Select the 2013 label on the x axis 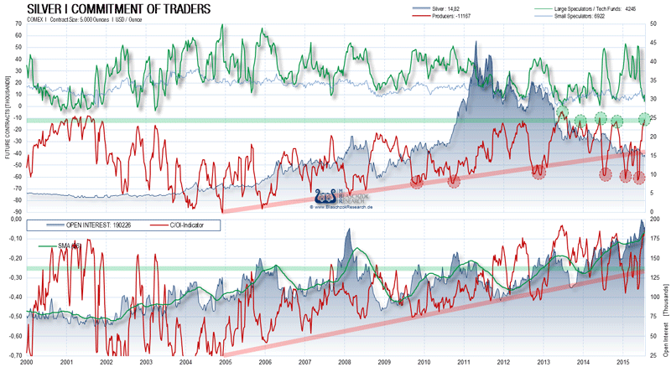pos(542,361)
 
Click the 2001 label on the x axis pos(65,361)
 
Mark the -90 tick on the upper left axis pos(15,214)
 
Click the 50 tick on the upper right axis pos(653,24)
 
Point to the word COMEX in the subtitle pos(37,18)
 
